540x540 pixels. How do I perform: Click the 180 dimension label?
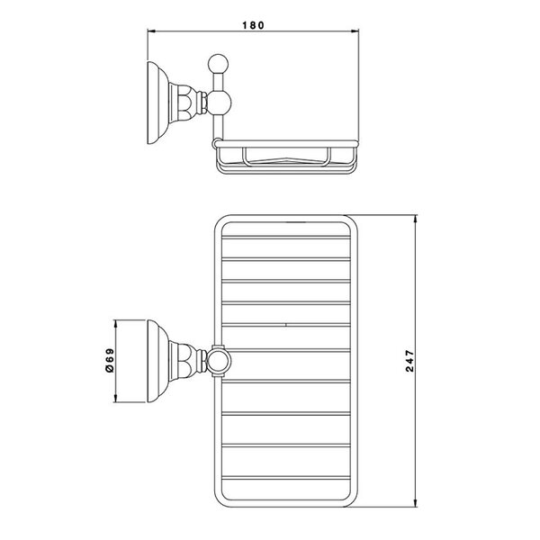click(x=253, y=25)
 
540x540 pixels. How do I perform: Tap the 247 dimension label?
click(x=409, y=361)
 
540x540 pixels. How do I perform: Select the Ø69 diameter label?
click(x=109, y=360)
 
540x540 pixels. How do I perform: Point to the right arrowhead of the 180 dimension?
click(x=355, y=31)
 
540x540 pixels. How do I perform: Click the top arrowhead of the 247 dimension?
click(x=415, y=219)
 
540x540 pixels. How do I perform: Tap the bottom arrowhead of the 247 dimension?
click(x=415, y=503)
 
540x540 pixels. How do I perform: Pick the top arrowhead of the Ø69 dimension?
click(x=116, y=324)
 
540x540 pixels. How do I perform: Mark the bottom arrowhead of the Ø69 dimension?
click(x=116, y=399)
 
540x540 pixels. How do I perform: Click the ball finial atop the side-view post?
click(x=219, y=64)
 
